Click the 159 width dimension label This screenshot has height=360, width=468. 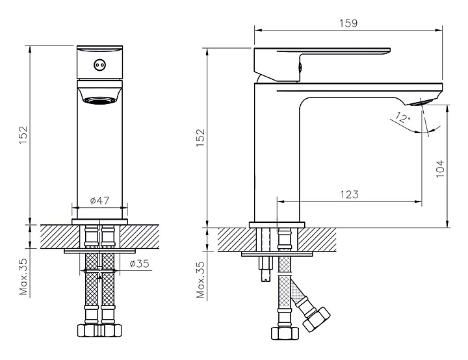tap(348, 23)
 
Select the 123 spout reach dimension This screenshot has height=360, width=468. tap(349, 194)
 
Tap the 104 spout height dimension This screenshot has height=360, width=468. tap(440, 169)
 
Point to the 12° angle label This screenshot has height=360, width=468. tap(402, 118)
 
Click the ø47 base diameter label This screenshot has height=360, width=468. tap(99, 200)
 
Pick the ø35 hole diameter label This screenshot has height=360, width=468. tap(139, 264)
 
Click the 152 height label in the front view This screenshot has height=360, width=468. tap(23, 135)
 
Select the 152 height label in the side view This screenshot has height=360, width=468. tap(200, 137)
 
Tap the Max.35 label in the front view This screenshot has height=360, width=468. tap(23, 276)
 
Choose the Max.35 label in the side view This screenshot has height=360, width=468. tap(201, 279)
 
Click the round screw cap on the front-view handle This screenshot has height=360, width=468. tap(99, 65)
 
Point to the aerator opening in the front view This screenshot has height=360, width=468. tap(99, 101)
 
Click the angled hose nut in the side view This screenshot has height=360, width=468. tap(317, 319)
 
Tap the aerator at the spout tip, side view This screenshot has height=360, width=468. tap(419, 103)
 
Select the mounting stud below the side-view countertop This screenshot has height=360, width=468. tap(265, 269)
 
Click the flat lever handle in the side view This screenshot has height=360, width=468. tap(322, 64)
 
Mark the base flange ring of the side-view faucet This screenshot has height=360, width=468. tap(277, 225)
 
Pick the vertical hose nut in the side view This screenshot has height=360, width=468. tap(285, 333)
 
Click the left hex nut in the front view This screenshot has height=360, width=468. tap(88, 330)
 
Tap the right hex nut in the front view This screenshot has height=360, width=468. tap(111, 330)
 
